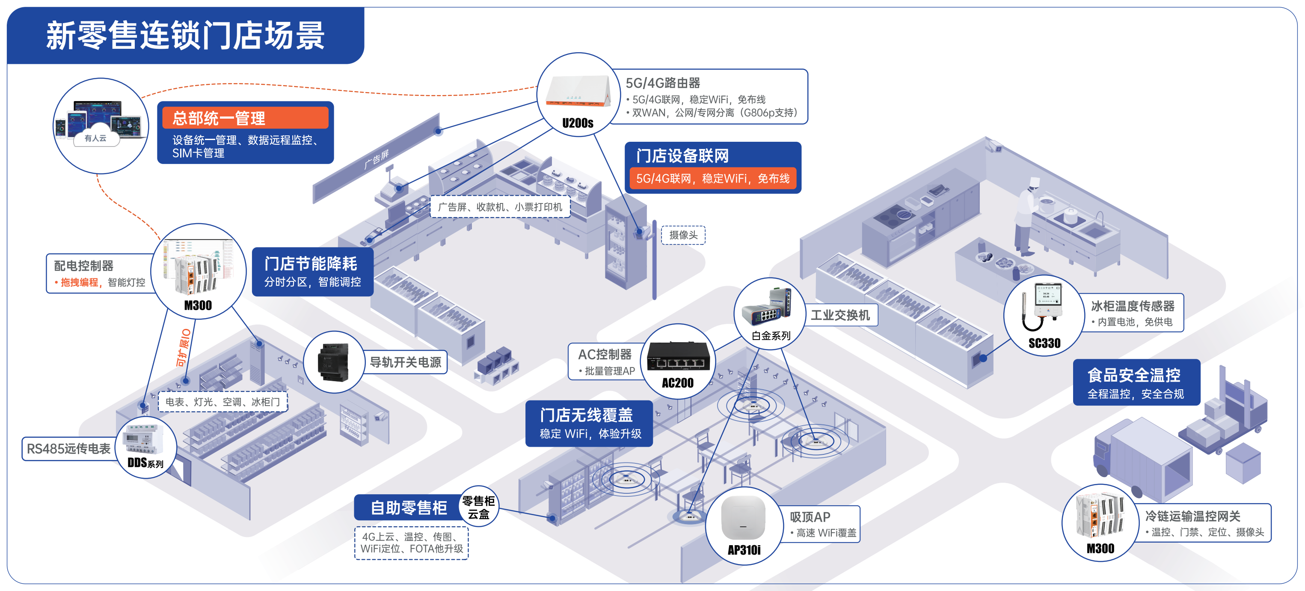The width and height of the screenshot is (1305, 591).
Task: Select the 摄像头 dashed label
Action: [683, 235]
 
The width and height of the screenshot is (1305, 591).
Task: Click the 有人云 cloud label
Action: [95, 138]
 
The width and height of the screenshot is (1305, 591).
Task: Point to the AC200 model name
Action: [677, 383]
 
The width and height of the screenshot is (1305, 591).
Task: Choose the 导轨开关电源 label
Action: [405, 362]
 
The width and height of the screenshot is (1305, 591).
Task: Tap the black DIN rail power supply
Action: [333, 362]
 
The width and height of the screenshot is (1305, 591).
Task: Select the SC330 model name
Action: [1044, 343]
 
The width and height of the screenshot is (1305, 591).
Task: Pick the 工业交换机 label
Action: [840, 315]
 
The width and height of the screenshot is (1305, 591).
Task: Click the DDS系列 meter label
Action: [145, 463]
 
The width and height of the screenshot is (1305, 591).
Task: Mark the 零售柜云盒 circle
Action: [478, 508]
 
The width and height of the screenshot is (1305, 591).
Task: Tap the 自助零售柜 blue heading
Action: [408, 508]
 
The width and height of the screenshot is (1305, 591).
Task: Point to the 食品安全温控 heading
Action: [1134, 376]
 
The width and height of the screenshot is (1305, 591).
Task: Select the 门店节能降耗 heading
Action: [311, 263]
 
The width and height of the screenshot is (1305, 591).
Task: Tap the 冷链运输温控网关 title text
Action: [1192, 516]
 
